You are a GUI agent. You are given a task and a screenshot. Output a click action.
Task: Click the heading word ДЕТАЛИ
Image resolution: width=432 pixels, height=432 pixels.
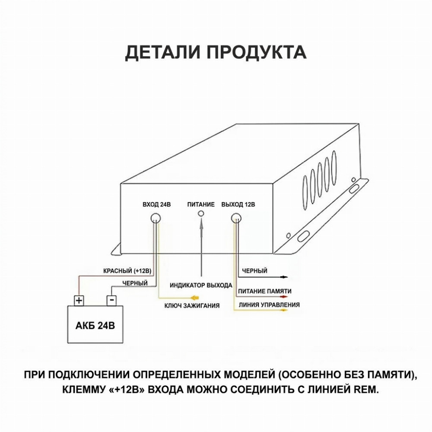(162, 52)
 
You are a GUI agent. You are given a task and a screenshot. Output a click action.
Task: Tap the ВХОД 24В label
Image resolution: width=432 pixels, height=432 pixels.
(156, 205)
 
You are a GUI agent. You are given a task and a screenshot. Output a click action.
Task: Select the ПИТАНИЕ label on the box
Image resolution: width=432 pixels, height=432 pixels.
(201, 205)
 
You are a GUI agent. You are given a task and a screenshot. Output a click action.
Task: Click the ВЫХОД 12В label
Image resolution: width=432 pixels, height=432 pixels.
(238, 205)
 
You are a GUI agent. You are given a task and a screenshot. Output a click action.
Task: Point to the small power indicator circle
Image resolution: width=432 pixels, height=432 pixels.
(201, 213)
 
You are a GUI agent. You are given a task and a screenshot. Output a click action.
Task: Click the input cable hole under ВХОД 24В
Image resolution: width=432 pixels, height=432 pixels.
(156, 218)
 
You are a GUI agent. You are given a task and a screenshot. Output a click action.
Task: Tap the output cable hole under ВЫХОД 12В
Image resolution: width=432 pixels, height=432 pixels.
(236, 218)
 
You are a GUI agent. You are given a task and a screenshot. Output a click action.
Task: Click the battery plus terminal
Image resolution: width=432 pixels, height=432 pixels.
(79, 300)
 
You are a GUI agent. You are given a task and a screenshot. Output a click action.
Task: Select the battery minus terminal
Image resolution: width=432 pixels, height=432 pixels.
(111, 300)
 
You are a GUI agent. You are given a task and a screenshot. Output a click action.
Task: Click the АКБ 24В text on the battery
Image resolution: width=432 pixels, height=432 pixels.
(95, 326)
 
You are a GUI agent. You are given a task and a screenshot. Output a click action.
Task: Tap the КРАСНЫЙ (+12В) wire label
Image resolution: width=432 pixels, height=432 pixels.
(127, 271)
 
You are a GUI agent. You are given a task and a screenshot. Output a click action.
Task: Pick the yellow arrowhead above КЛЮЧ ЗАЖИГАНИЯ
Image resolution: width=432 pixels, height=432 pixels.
(195, 298)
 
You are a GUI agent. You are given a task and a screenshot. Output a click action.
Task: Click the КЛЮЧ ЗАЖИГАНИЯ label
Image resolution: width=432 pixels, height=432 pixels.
(192, 305)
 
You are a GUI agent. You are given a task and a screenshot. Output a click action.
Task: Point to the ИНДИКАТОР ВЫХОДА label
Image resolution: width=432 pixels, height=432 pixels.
(201, 286)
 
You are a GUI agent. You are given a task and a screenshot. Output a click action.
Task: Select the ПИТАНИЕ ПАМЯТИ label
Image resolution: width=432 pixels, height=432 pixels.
(265, 291)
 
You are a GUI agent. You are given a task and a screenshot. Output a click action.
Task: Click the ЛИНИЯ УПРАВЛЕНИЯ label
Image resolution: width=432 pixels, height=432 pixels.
(269, 305)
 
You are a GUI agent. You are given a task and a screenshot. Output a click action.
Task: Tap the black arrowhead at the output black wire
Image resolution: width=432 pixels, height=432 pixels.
(284, 276)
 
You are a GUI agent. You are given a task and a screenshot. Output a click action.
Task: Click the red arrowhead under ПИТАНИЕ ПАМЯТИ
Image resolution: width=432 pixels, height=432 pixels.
(284, 297)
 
